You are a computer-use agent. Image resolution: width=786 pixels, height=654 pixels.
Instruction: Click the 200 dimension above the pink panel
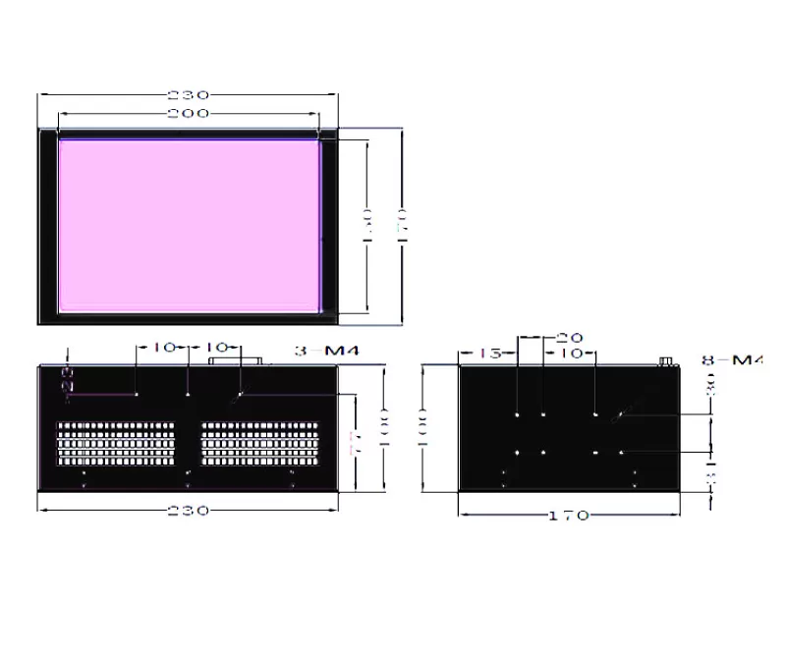(x=188, y=114)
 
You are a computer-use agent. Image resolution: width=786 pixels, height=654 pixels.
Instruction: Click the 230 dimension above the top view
(x=188, y=95)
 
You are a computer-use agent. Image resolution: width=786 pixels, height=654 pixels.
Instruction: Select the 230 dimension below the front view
(x=188, y=511)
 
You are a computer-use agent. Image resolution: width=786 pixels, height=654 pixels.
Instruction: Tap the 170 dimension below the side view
(x=569, y=515)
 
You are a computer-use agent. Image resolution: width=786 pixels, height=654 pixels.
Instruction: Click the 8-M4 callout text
(x=732, y=360)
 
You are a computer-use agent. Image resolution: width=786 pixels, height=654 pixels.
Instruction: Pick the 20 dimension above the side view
(x=570, y=337)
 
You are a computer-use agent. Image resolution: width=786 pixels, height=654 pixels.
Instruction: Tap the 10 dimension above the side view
(x=571, y=353)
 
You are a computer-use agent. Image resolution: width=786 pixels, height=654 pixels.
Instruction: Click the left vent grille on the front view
(x=116, y=445)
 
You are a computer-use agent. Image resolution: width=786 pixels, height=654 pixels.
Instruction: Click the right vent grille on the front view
(x=262, y=445)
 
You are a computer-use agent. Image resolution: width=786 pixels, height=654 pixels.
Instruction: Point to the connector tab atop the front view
(x=236, y=361)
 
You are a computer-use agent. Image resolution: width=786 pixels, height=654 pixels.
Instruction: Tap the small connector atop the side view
(x=667, y=361)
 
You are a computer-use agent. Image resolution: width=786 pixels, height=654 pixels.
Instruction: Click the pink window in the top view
(x=190, y=225)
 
